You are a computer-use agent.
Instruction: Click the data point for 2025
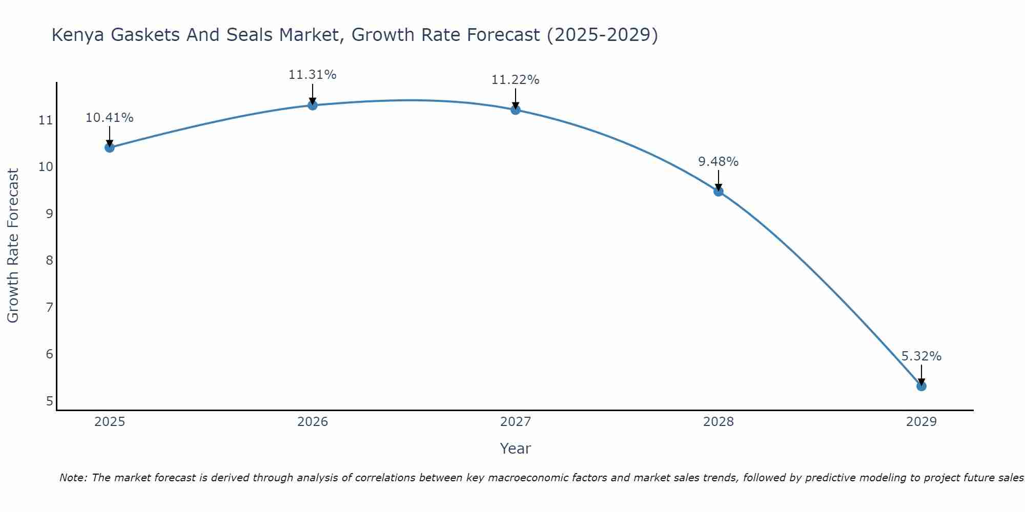pos(109,147)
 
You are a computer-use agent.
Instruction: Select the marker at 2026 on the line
pos(312,105)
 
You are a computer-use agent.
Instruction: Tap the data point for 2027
pos(515,110)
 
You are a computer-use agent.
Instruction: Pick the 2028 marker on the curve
pos(718,191)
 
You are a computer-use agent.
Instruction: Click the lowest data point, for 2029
pos(921,386)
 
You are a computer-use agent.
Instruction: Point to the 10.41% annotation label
pos(109,118)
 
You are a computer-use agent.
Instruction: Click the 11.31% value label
pos(312,75)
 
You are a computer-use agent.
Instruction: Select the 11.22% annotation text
pos(515,80)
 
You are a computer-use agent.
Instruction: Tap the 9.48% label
pos(718,162)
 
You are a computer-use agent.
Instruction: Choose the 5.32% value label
pos(921,356)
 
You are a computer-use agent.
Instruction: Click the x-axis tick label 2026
pos(312,422)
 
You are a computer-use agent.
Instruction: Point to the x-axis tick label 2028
pos(718,422)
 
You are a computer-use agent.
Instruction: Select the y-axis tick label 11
pos(46,121)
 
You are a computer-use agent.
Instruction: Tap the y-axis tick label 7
pos(49,308)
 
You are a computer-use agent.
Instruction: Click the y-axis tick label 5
pos(49,401)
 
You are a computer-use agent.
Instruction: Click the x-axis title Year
pos(515,449)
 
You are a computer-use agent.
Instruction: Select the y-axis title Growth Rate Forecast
pos(13,246)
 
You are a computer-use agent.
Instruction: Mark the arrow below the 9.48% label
pos(718,180)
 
